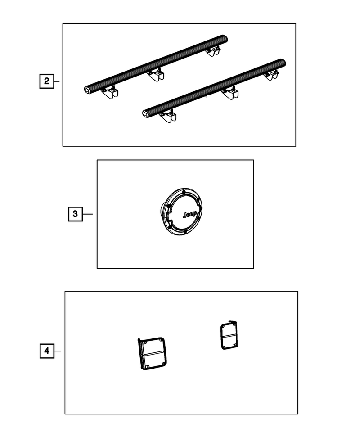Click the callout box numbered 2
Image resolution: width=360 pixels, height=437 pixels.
46,81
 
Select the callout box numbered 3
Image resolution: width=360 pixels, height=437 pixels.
75,214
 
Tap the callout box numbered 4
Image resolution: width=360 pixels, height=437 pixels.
47,351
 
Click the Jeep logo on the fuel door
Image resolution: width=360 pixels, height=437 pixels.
189,214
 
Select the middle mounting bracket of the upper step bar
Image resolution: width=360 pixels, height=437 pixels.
156,75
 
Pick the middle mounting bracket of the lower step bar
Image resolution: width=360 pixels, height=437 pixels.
230,93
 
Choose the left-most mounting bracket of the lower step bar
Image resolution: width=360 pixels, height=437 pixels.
168,117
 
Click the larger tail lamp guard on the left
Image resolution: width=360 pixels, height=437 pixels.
153,353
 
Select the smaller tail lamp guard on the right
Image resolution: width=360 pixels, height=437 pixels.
229,335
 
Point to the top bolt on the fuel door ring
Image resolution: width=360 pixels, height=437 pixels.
184,192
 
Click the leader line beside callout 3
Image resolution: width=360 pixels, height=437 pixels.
88,214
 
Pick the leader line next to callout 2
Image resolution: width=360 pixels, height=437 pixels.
57,81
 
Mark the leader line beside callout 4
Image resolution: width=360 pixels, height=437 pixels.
58,351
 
